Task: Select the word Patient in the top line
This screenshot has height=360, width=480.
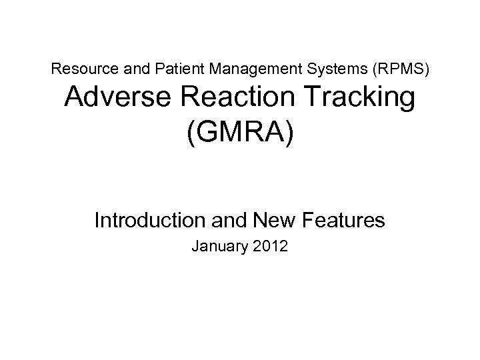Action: pyautogui.click(x=161, y=68)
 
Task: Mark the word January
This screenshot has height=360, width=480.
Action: pyautogui.click(x=218, y=247)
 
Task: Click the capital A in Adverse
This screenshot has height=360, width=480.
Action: pyautogui.click(x=75, y=100)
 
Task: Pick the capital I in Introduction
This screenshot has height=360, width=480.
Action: pyautogui.click(x=97, y=219)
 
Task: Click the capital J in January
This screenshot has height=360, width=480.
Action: pyautogui.click(x=195, y=247)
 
